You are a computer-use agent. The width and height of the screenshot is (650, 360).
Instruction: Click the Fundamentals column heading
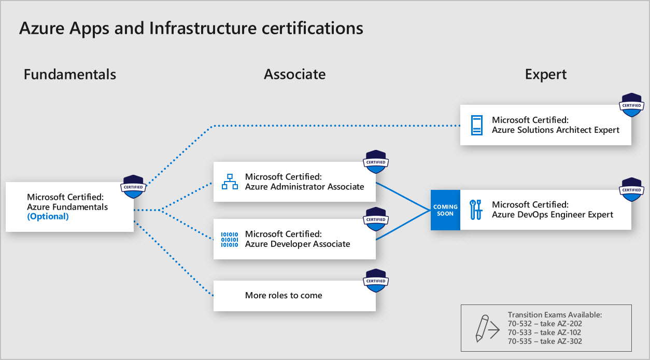point(70,74)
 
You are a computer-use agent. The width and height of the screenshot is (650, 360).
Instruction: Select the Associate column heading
point(294,74)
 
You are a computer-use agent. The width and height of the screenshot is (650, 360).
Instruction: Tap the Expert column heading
point(546,74)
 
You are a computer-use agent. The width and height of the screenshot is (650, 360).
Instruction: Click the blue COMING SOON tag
point(445,210)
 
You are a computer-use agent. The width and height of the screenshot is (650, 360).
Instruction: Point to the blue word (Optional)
point(48,216)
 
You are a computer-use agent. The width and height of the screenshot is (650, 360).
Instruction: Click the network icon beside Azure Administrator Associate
point(230,182)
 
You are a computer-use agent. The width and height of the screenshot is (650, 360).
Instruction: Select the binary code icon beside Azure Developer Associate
point(230,239)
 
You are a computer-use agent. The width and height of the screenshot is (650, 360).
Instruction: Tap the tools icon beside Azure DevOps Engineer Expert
point(476,210)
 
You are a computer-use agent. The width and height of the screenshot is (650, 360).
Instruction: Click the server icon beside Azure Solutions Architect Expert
point(476,125)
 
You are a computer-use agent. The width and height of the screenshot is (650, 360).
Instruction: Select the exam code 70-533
point(520,332)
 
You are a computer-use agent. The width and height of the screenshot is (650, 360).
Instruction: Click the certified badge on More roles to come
point(376,280)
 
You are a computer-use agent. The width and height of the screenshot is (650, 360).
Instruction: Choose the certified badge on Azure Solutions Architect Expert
point(631,105)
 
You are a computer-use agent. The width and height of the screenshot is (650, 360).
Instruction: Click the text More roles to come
point(284,295)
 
